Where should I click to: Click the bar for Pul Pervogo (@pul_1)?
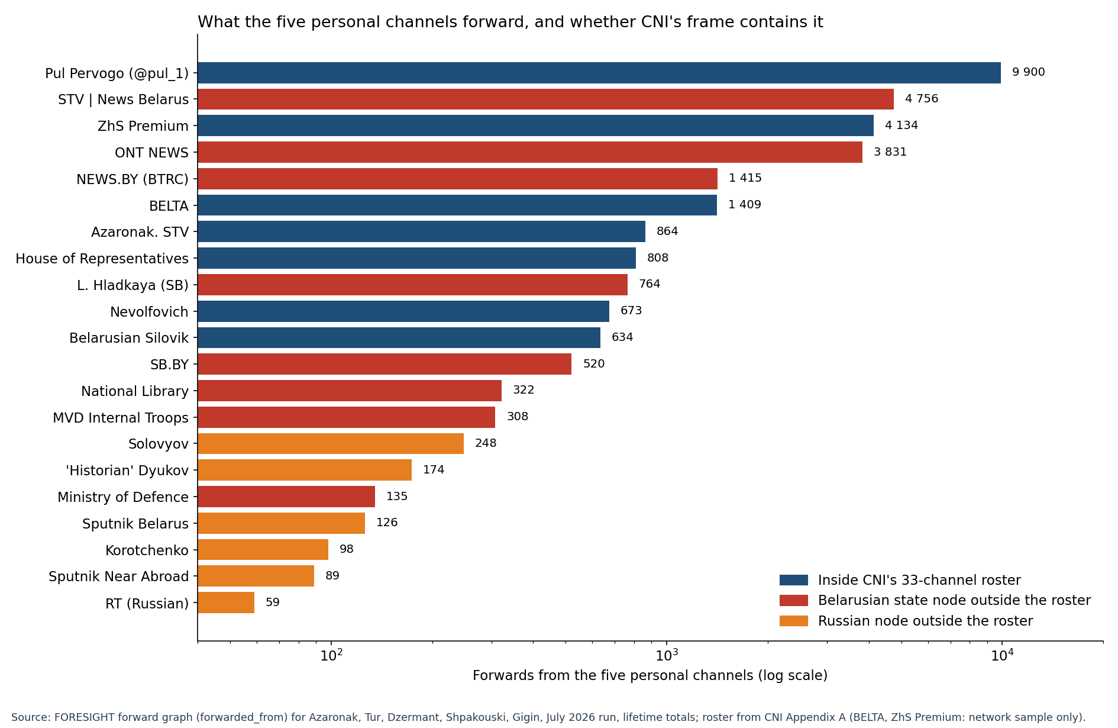coord(599,73)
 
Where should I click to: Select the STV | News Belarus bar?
coord(545,99)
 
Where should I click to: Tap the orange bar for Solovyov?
coord(331,444)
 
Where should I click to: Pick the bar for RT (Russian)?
coord(226,603)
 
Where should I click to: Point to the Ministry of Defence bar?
coord(286,497)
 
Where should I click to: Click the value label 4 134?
coord(901,125)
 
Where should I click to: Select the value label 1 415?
coord(745,178)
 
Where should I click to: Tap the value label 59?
coord(273,603)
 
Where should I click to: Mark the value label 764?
coord(650,284)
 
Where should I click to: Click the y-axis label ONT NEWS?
coord(151,153)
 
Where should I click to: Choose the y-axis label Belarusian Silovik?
coord(129,338)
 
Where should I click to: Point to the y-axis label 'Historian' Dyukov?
coord(127,471)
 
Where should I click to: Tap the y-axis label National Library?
coord(135,391)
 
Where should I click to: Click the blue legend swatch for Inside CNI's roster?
coord(794,580)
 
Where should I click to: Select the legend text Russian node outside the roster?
coord(925,621)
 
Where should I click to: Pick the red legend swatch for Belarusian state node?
coord(794,600)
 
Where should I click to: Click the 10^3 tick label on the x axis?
coord(667,655)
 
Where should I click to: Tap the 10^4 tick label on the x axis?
coord(1002,655)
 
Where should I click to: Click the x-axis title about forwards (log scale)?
coord(650,675)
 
